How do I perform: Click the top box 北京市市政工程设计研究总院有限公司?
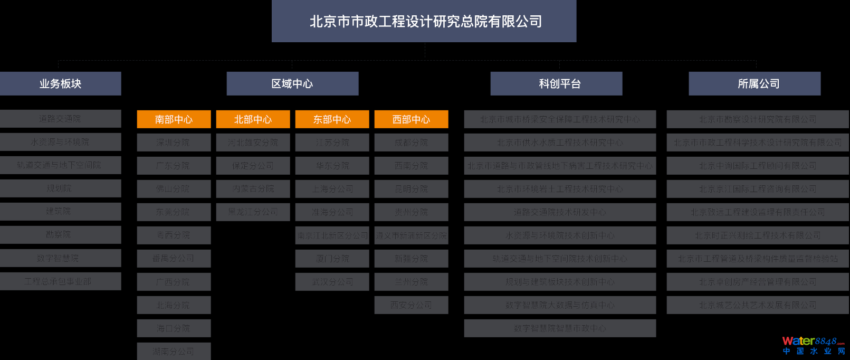coord(424,21)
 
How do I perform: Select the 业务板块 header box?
coord(60,83)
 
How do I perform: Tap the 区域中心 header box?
coord(292,83)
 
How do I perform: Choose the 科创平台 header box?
coord(556,83)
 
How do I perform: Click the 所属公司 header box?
coord(755,83)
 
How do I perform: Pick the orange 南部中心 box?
coord(174,119)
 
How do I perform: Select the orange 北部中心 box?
coord(253,119)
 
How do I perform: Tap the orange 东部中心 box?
coord(332,119)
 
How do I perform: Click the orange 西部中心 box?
coord(411,119)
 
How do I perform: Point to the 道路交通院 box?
coord(60,119)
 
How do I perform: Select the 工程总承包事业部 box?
coord(60,281)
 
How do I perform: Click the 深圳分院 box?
coord(174,143)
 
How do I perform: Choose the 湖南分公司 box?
coord(174,351)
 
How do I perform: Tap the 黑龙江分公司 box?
coord(253,212)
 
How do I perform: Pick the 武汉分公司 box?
coord(332,282)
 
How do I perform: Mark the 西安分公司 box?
coord(411,305)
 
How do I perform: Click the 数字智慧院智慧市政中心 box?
coord(560,328)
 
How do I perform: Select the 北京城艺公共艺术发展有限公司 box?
coord(758,305)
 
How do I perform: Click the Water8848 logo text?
coord(813,341)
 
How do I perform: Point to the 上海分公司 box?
coord(332,189)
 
